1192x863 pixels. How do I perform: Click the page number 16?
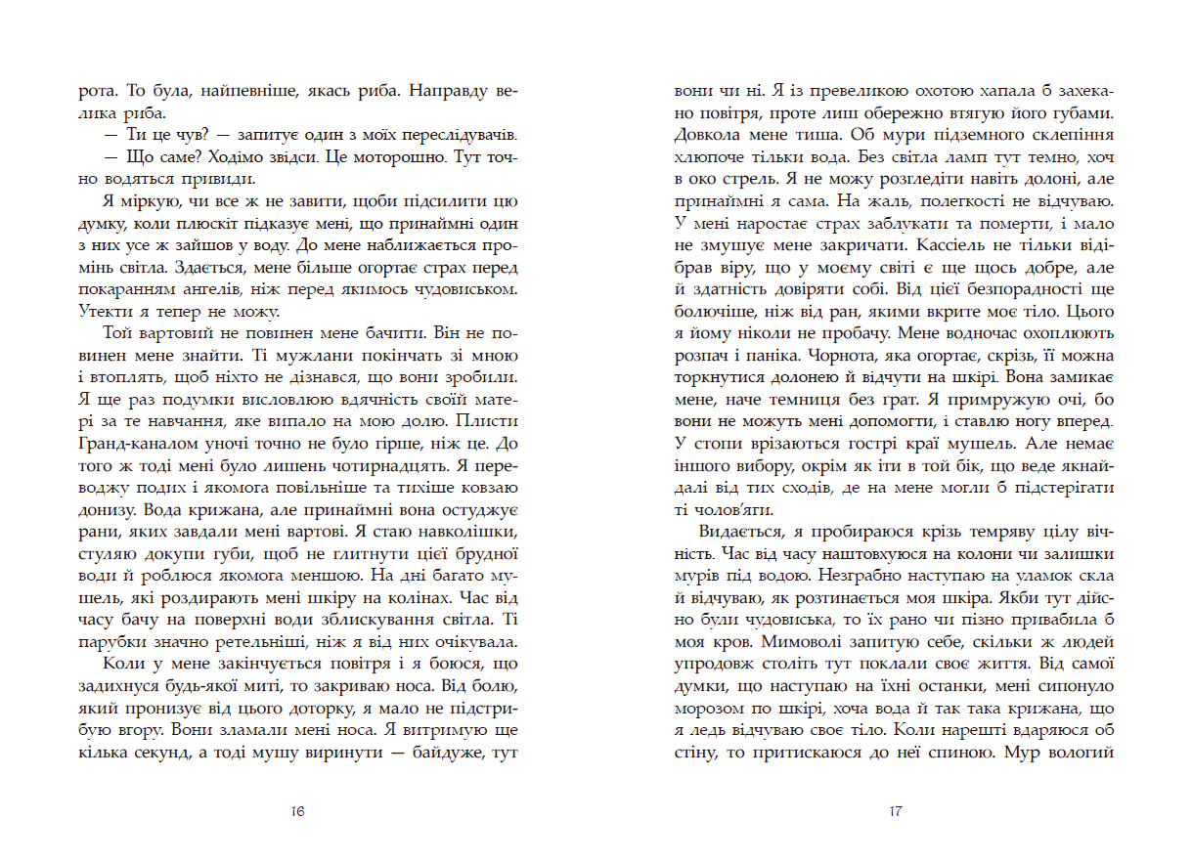(299, 810)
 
